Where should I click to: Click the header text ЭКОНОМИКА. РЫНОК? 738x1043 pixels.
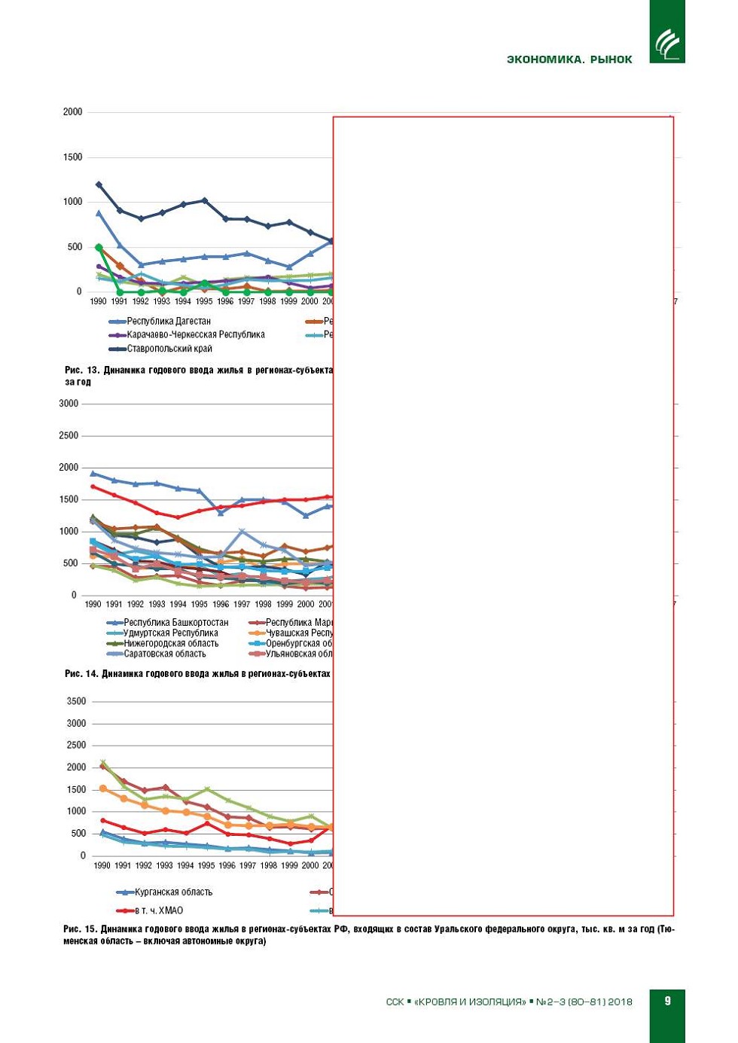pos(569,59)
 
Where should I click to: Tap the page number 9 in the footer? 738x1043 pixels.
pos(667,1001)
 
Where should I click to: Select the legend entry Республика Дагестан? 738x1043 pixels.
pos(168,321)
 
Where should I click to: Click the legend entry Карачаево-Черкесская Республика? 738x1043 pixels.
pos(195,334)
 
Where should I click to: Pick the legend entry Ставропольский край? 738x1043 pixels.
pos(169,349)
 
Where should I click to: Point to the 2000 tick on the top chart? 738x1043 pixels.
pos(73,112)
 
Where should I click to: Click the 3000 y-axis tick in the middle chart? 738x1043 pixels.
pos(69,404)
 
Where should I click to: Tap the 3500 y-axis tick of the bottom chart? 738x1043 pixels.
pos(77,701)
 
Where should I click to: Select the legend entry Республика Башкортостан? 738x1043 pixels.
pos(175,623)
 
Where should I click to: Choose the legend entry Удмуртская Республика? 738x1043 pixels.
pos(170,633)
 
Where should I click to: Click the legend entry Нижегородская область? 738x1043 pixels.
pos(171,644)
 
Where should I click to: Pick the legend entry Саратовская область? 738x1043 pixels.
pos(164,654)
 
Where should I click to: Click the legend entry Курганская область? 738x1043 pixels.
pos(173,892)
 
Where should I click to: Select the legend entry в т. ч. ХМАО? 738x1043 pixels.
pos(158,910)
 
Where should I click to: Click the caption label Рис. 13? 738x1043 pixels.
pos(82,371)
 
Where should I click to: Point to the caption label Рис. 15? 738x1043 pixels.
pos(81,929)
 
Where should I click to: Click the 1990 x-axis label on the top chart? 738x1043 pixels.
pos(98,301)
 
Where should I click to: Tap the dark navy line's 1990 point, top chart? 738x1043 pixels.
pos(99,185)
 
